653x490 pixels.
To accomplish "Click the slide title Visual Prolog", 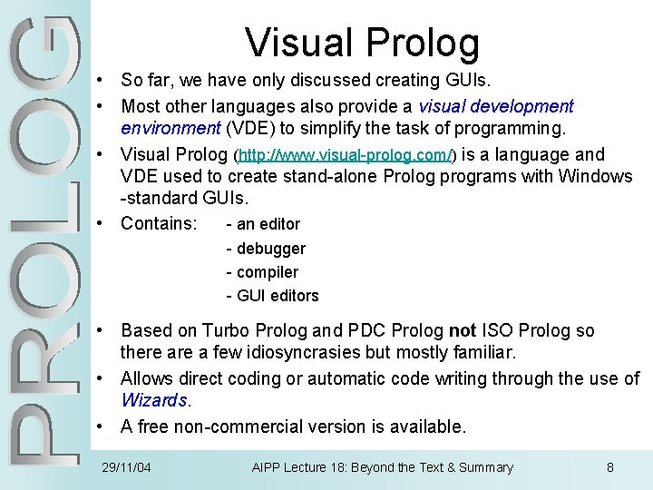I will pos(362,43).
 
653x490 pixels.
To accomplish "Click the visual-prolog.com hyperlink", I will pos(345,155).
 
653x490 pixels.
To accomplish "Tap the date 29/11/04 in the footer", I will pos(126,467).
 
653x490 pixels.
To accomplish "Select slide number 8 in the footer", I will pos(610,467).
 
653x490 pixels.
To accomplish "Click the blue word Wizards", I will pos(155,400).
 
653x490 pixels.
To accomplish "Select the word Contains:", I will pos(159,222).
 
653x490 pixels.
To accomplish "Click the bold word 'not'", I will pos(463,330).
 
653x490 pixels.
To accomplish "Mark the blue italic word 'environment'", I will pos(169,127).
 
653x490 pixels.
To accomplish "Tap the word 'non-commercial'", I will pos(239,426).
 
